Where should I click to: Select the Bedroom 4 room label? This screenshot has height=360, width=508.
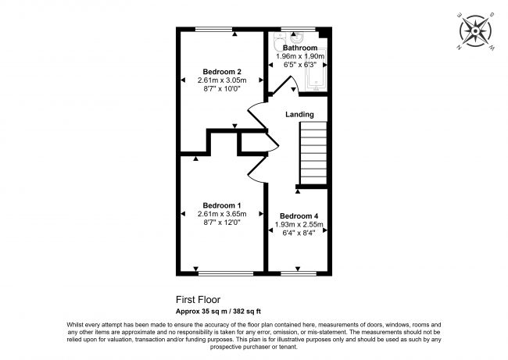click(299, 216)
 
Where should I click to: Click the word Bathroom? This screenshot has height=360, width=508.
click(300, 48)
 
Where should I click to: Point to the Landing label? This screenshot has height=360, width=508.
click(299, 115)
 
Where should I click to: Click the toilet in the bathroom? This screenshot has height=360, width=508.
click(278, 43)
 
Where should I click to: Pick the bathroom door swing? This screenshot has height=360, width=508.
click(275, 88)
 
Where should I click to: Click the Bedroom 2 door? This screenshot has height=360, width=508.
click(258, 125)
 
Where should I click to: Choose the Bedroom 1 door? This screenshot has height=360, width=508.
click(259, 168)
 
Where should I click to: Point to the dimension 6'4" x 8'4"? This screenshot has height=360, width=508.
click(299, 232)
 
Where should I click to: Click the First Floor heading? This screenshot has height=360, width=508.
click(198, 299)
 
